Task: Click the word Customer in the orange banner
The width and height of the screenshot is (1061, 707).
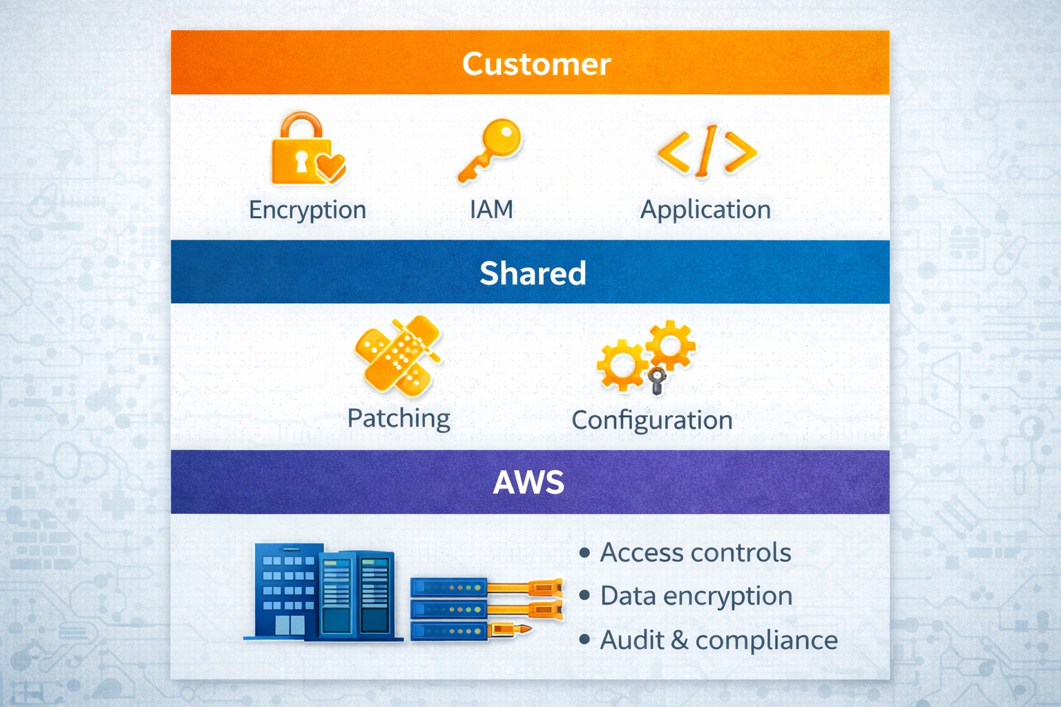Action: [x=536, y=64]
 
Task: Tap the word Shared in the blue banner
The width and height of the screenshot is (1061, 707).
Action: [x=533, y=273]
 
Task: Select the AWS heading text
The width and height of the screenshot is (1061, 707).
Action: [x=528, y=482]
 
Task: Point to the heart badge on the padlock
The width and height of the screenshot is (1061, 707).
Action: [x=330, y=166]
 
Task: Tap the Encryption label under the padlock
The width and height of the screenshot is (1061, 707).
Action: [x=307, y=210]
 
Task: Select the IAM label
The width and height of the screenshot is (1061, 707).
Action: [x=491, y=209]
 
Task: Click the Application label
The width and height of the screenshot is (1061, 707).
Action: [x=705, y=210]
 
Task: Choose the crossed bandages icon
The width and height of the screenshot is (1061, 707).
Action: [x=398, y=355]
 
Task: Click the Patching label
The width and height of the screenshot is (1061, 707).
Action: [x=399, y=418]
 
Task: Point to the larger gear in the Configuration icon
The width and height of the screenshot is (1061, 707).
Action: [x=621, y=365]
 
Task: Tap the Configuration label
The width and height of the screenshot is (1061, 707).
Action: [x=651, y=420]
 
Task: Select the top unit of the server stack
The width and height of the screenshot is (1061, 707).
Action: [x=449, y=588]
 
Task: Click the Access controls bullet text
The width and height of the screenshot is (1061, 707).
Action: [x=696, y=552]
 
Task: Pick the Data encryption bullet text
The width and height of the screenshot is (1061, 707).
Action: [x=696, y=596]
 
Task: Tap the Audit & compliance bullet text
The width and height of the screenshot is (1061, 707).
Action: [x=718, y=640]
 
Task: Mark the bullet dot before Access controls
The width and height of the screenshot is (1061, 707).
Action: [x=585, y=552]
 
